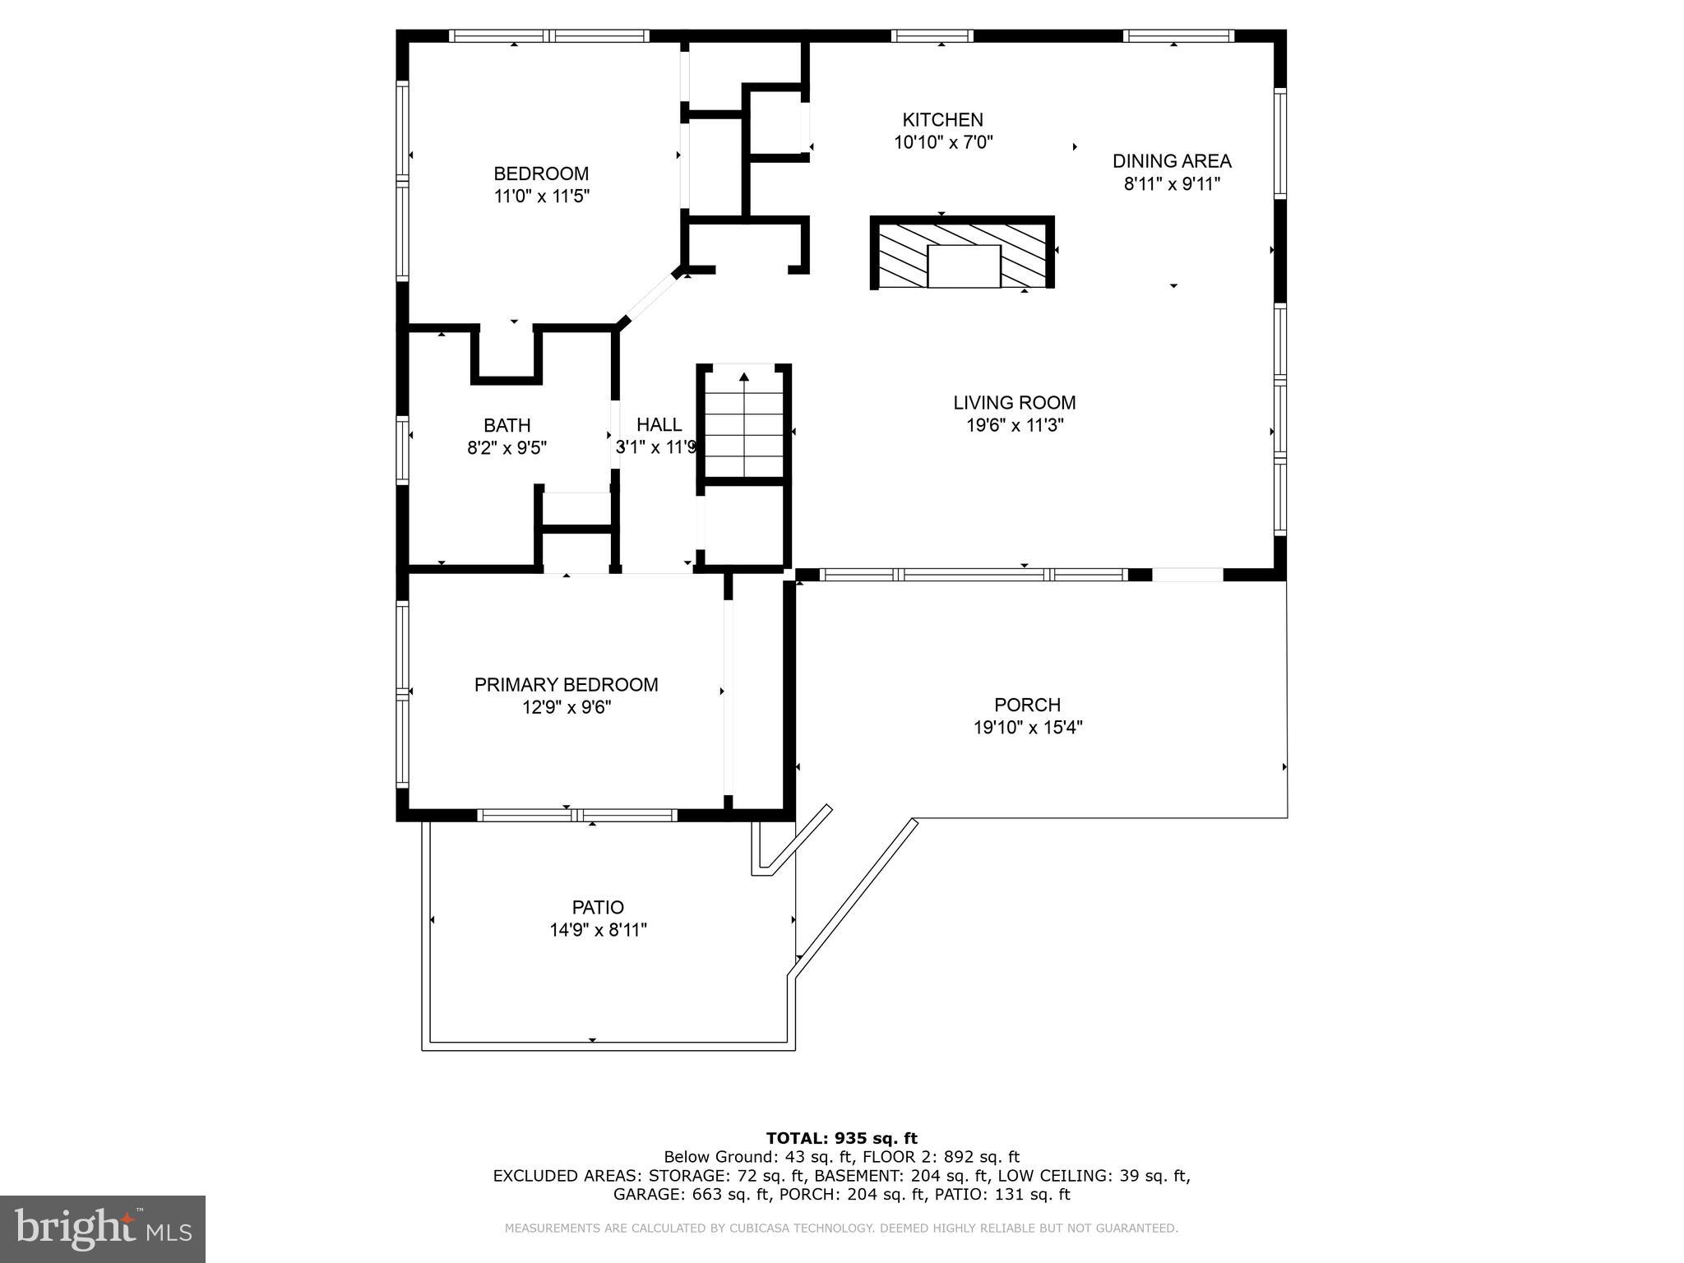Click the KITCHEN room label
pos(942,120)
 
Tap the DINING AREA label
pos(1172,161)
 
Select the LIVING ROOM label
pos(1014,403)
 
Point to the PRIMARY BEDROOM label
pos(566,685)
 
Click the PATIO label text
pos(598,908)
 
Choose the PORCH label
pos(1027,706)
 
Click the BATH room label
pos(507,426)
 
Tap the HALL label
pos(659,425)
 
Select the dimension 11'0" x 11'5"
pos(541,197)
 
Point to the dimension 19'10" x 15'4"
pos(1027,728)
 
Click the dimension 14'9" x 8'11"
pos(598,931)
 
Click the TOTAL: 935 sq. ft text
pos(841,1139)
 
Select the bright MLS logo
pos(102,1228)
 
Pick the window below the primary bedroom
pos(576,816)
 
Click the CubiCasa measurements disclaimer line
pos(841,1228)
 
